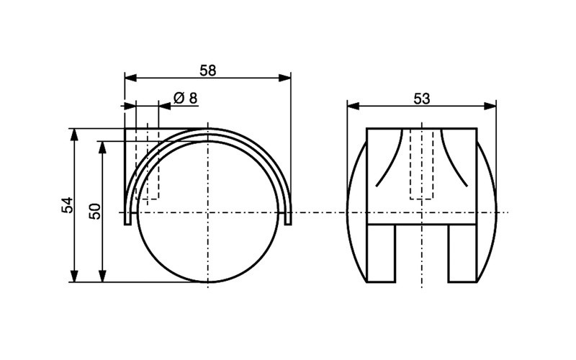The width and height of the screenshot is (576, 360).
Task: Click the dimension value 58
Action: tap(208, 70)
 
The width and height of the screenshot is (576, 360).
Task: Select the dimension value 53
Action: tap(421, 99)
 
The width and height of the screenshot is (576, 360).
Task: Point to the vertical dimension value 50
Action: tap(94, 210)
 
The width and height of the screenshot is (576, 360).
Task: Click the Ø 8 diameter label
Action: tap(185, 98)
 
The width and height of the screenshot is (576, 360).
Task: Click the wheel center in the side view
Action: tap(207, 212)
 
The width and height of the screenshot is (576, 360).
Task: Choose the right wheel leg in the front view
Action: tap(462, 253)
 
